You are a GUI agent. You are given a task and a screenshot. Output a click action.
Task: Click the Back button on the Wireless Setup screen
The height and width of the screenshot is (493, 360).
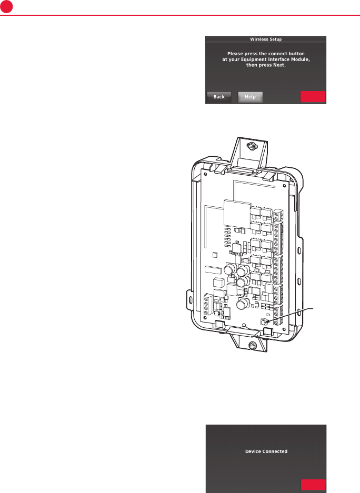click(x=219, y=97)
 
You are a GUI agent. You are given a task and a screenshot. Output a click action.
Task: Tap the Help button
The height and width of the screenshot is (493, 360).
click(x=250, y=97)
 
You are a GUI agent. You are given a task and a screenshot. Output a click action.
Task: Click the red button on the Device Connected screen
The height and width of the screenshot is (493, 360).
click(x=313, y=484)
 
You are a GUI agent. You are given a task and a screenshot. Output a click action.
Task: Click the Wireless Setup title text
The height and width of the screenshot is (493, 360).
click(x=265, y=39)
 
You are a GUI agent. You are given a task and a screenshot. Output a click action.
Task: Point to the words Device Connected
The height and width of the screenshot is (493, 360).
click(x=266, y=451)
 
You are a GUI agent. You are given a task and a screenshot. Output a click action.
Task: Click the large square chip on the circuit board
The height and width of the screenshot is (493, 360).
click(x=235, y=213)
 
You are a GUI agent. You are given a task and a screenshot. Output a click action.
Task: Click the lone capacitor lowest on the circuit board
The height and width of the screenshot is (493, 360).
click(x=242, y=305)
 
